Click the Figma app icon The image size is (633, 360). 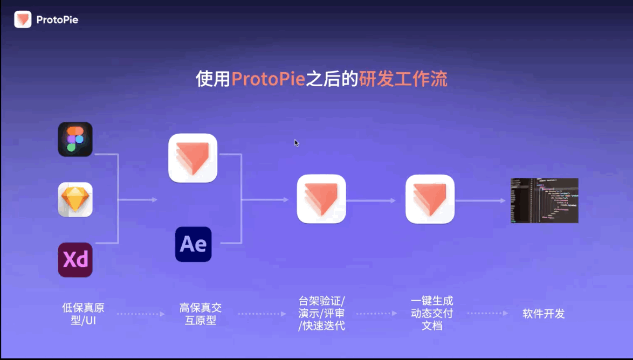(75, 140)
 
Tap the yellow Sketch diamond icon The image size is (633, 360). (75, 199)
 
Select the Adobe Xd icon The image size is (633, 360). (75, 260)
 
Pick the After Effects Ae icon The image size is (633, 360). (193, 244)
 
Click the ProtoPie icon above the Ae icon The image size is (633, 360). (193, 158)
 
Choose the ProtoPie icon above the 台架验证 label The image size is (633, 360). (321, 199)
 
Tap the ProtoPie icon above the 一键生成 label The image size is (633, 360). (430, 199)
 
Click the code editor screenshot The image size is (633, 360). (544, 200)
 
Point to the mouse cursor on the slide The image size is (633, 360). (296, 142)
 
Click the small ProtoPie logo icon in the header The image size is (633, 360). (23, 20)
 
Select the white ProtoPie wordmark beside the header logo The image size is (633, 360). (57, 20)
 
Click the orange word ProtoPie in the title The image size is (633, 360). (269, 80)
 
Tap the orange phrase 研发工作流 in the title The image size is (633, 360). (403, 80)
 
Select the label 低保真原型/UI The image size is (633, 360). (83, 314)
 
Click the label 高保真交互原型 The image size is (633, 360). (201, 314)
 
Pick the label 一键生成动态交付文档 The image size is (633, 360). (432, 313)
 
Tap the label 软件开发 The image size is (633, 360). (543, 314)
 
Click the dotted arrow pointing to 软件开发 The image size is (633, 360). (487, 314)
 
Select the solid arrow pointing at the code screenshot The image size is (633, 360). (480, 200)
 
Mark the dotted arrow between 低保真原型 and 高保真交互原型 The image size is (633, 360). (141, 314)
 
